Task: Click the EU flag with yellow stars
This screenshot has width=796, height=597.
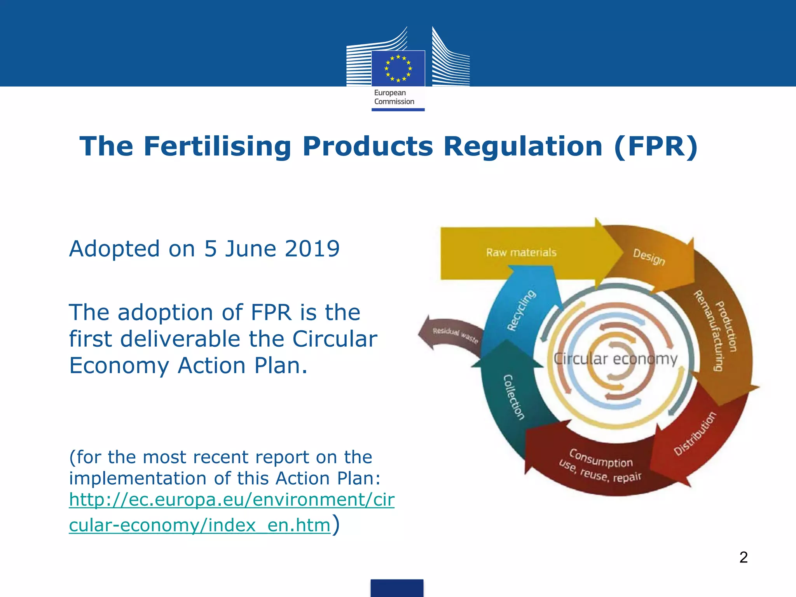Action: point(398,68)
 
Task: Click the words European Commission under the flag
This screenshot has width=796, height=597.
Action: point(394,97)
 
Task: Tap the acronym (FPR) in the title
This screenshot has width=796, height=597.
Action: point(656,147)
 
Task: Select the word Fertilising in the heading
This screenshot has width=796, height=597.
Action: point(217,147)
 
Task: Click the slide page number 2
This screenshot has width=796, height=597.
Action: point(743,557)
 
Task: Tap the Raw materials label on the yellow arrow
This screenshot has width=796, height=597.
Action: point(521,253)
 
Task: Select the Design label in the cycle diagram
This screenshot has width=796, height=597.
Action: point(649,257)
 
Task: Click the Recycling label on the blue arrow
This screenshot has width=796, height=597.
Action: point(521,310)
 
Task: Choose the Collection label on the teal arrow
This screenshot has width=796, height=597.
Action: point(513,397)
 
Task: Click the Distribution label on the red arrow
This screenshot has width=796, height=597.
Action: point(695,433)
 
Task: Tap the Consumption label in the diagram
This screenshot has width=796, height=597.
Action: point(601,459)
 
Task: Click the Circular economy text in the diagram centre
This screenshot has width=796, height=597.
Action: point(615,359)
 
